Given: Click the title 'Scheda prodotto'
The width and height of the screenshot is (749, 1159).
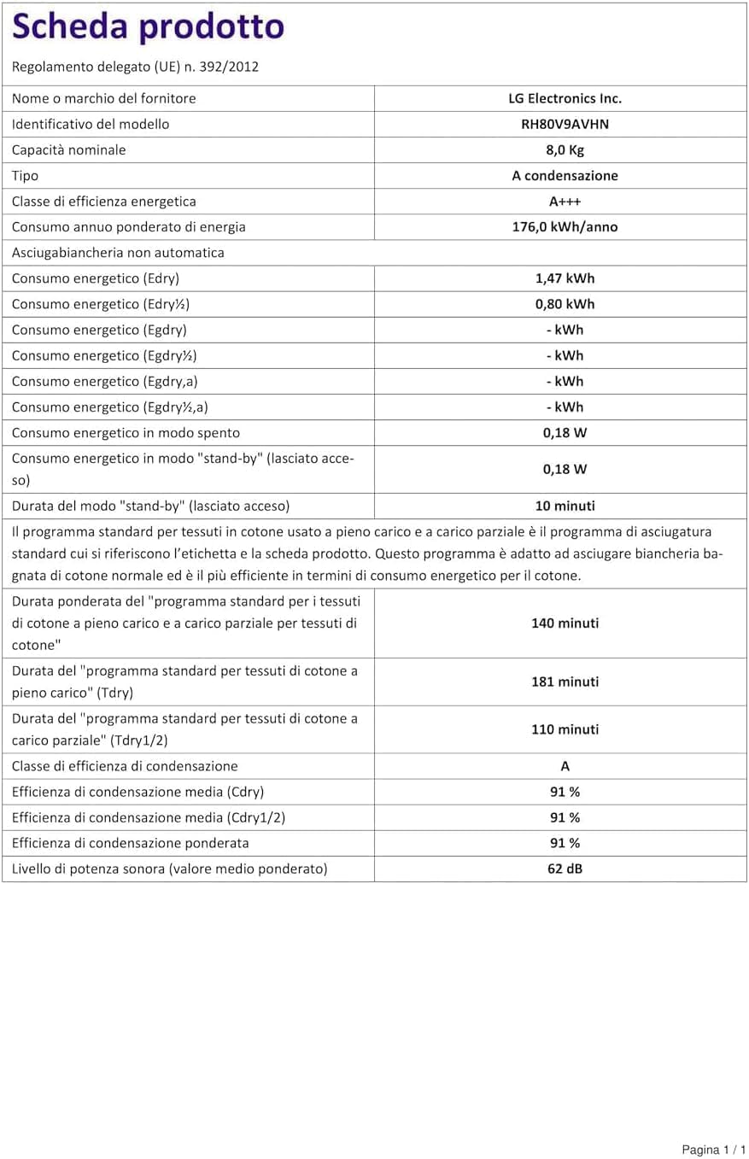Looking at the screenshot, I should (148, 28).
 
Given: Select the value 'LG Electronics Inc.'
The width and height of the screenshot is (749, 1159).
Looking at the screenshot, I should (565, 98).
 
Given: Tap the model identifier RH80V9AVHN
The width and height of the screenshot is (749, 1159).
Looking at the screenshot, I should (565, 124).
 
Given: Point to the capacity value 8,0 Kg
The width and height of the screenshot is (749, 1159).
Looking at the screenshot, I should (565, 149).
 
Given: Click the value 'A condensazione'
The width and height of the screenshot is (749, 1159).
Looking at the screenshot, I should (565, 175).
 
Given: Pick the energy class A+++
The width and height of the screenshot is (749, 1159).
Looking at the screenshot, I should (565, 201).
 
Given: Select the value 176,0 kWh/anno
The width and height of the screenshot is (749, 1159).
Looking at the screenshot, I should (565, 226).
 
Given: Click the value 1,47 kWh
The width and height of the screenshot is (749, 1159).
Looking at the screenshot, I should (565, 278).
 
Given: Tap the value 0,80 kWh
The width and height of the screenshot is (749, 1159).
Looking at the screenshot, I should (565, 304).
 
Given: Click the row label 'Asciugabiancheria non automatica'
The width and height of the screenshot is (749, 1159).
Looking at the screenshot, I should (119, 252).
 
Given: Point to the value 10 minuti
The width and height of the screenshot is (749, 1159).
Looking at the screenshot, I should (565, 506).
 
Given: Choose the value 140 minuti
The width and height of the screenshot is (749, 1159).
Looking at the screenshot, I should (565, 623).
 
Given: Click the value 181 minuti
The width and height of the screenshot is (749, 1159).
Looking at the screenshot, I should (565, 682).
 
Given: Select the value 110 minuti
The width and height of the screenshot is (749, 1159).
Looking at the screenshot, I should (565, 729).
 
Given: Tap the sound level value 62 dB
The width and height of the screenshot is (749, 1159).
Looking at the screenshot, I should (565, 869).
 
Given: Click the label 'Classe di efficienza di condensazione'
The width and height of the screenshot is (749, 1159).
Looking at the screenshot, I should (125, 766).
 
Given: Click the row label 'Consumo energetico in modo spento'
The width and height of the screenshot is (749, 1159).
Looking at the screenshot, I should (126, 432).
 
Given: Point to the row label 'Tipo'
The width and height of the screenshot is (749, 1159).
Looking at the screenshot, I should (25, 175).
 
